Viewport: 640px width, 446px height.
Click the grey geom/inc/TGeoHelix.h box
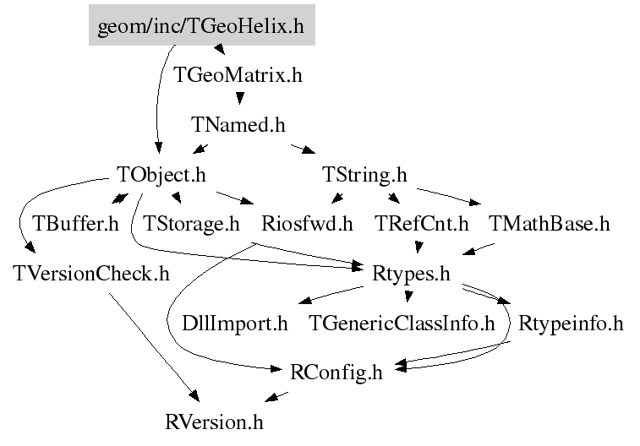(201, 26)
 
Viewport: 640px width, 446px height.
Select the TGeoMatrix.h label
(238, 75)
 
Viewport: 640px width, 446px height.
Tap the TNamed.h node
(238, 125)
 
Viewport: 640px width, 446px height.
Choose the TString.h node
(364, 175)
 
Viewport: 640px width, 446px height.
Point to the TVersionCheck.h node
(91, 274)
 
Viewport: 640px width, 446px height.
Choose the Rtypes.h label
(411, 274)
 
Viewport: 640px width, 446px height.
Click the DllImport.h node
(235, 323)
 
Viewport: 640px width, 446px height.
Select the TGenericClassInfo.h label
(402, 323)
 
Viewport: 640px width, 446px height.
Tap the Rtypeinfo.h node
(571, 323)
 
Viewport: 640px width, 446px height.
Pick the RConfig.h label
(336, 372)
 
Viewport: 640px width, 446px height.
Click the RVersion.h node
(220, 420)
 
